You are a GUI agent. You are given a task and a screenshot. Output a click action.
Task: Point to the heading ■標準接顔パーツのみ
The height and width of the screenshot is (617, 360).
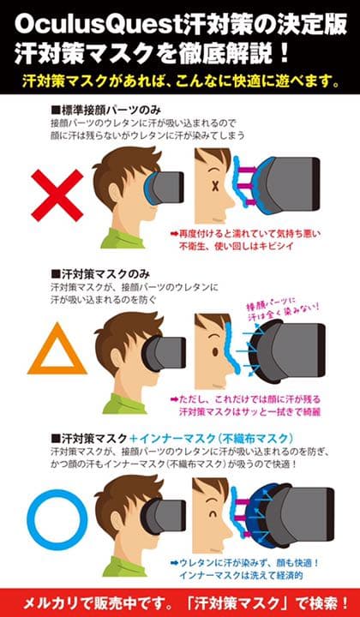(x=106, y=111)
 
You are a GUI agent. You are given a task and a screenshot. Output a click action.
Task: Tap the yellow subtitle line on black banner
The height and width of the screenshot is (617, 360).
(x=180, y=83)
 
